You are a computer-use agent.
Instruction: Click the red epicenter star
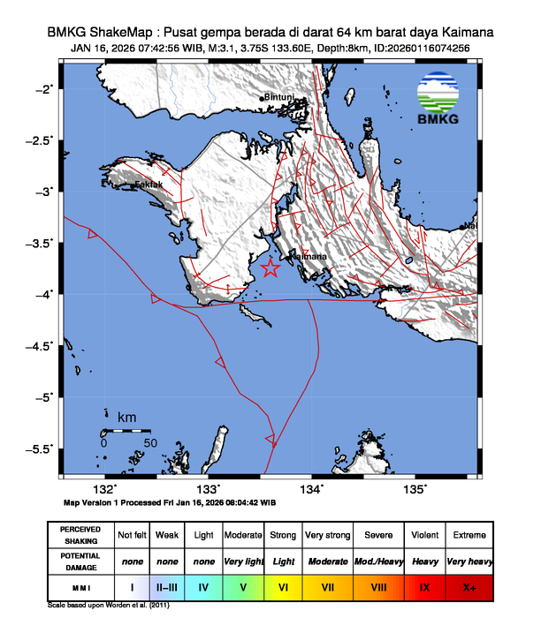(271, 269)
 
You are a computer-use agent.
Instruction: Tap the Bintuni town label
(279, 97)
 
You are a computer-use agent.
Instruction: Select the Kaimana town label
(309, 256)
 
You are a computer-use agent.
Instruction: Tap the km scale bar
(126, 431)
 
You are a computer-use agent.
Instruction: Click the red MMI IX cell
(424, 585)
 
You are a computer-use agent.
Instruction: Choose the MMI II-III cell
(166, 585)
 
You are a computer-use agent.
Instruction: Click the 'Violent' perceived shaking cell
(424, 535)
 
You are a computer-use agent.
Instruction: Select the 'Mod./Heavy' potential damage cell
(379, 561)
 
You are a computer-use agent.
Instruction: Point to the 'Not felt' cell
(132, 535)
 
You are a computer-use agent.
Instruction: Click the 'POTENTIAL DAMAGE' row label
(80, 561)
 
